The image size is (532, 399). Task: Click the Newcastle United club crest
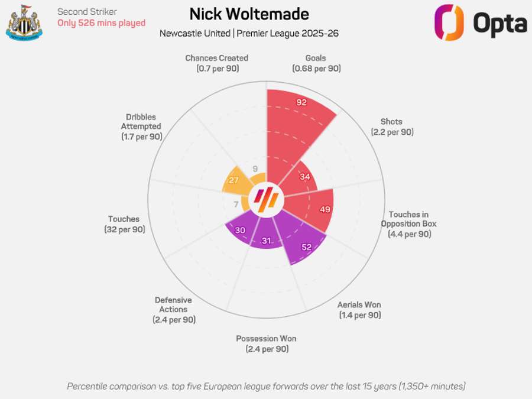24,22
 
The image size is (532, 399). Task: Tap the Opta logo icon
449,23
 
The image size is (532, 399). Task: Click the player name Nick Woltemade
249,14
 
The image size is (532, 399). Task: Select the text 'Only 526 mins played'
101,23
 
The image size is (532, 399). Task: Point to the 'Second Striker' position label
87,11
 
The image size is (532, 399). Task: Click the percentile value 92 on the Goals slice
301,102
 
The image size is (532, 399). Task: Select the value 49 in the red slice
325,209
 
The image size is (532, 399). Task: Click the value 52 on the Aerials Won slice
306,247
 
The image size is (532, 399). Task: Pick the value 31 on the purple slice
266,241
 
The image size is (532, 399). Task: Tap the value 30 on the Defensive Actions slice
240,230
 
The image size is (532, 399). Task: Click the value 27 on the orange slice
233,180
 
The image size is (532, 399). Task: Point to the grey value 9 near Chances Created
255,168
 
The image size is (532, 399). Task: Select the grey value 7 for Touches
236,205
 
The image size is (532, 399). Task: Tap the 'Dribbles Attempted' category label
141,126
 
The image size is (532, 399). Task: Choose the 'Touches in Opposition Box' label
408,224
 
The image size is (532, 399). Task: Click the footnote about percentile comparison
266,386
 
